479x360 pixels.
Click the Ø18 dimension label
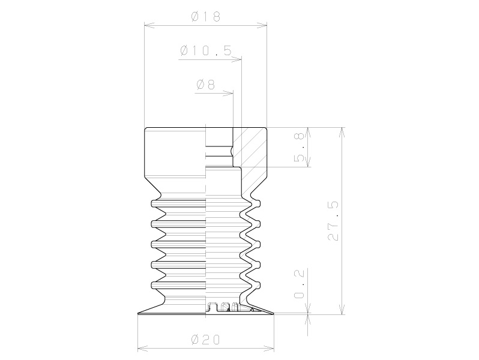tap(206, 16)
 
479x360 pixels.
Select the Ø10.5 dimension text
tap(206, 50)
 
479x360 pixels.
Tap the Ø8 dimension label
tap(206, 84)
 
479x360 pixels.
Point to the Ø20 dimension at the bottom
tap(205, 340)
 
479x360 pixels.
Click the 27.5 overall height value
tap(333, 221)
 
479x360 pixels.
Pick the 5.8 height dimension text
tap(299, 147)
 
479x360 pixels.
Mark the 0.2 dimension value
tap(299, 284)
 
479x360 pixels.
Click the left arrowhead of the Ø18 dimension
tap(149, 26)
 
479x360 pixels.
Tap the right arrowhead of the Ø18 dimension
tap(262, 26)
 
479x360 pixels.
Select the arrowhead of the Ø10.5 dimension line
tap(236, 59)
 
